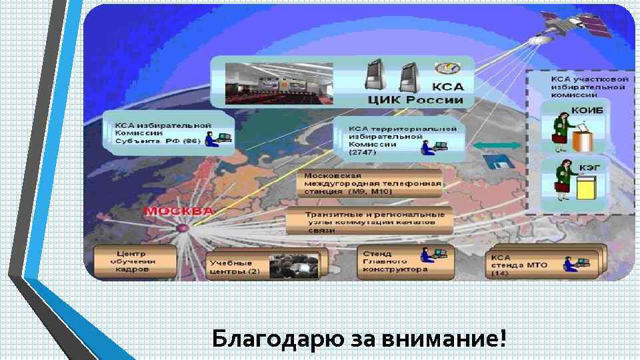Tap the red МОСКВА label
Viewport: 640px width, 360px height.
(x=179, y=211)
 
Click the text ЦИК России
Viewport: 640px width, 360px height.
(x=416, y=100)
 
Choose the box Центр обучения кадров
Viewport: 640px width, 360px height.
(x=135, y=261)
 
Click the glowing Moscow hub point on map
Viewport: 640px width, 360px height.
(x=181, y=229)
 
